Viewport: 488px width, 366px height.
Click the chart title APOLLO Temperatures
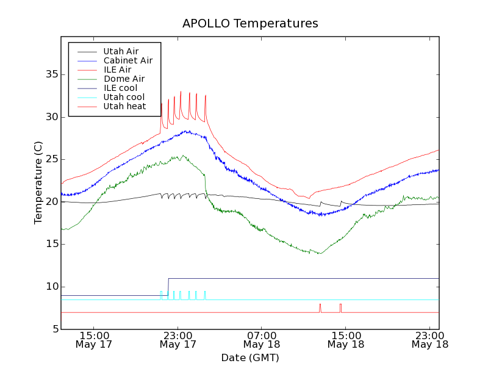coord(250,24)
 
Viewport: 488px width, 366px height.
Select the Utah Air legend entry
coord(121,51)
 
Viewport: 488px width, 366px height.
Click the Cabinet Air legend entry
coord(127,60)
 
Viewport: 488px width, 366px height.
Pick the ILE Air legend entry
coord(117,70)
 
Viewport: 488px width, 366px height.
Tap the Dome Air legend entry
coord(124,79)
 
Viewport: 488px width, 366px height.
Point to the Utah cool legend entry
coord(124,97)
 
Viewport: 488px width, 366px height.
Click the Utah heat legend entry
coord(124,106)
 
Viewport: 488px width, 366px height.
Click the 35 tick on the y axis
coord(51,74)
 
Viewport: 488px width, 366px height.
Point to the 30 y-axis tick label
coord(51,117)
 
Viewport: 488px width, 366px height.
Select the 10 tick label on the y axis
coord(51,287)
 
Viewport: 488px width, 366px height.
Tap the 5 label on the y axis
coord(54,329)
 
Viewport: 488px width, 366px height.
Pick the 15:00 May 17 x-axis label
coord(94,340)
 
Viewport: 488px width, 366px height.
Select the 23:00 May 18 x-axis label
coord(430,340)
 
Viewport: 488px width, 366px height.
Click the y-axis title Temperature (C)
coord(38,183)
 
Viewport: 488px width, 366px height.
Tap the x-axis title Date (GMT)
coord(250,357)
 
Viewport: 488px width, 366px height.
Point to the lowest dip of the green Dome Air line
coord(320,253)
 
